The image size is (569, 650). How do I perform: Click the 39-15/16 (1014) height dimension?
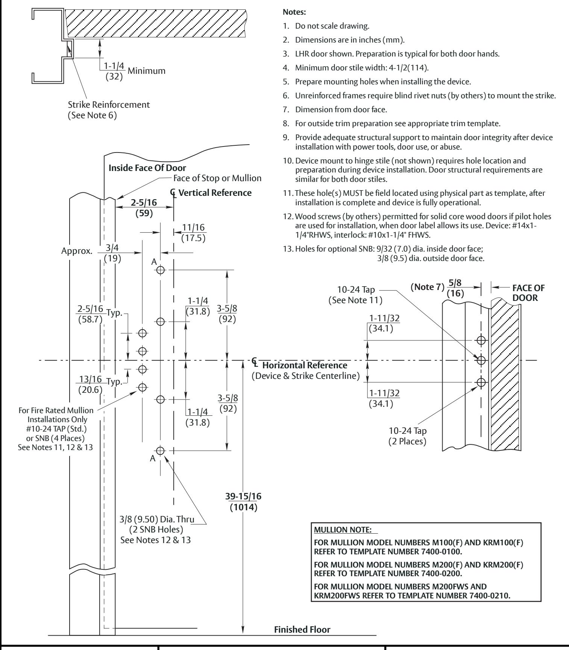243,502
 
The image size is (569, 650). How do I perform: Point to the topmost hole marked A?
161,270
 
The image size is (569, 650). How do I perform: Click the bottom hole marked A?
161,450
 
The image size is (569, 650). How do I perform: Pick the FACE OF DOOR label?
528,293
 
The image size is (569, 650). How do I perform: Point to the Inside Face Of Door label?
147,168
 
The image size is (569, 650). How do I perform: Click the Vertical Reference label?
215,193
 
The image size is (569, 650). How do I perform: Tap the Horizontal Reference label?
305,365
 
